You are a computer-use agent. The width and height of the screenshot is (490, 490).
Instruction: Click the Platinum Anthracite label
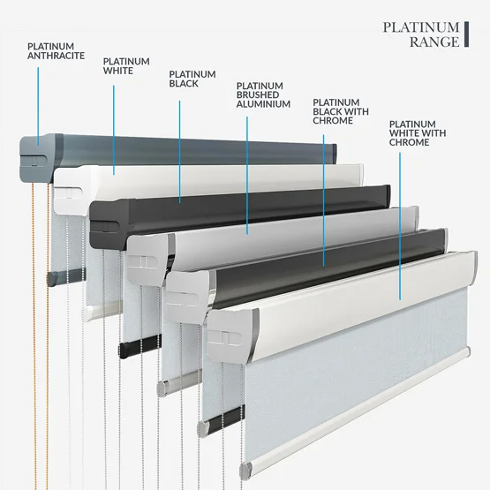coord(56,51)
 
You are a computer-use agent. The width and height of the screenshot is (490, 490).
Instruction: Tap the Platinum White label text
coord(126,66)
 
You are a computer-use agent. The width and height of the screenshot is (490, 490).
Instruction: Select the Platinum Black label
coord(192,79)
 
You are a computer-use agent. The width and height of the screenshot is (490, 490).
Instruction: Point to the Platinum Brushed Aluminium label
coord(263,95)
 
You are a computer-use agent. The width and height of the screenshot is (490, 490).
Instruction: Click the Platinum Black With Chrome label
coord(341,111)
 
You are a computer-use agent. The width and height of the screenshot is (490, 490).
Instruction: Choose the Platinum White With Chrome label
coord(418,133)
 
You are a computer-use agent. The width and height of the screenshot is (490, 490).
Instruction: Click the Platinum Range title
coord(421,34)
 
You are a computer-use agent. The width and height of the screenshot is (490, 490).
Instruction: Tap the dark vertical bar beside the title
coord(466,34)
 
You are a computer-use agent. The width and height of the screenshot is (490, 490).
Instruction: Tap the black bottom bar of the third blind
coord(139,346)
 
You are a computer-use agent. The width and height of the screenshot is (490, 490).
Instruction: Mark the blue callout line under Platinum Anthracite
coord(38,107)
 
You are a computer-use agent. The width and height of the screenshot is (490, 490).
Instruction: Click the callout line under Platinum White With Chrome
coord(400,226)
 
